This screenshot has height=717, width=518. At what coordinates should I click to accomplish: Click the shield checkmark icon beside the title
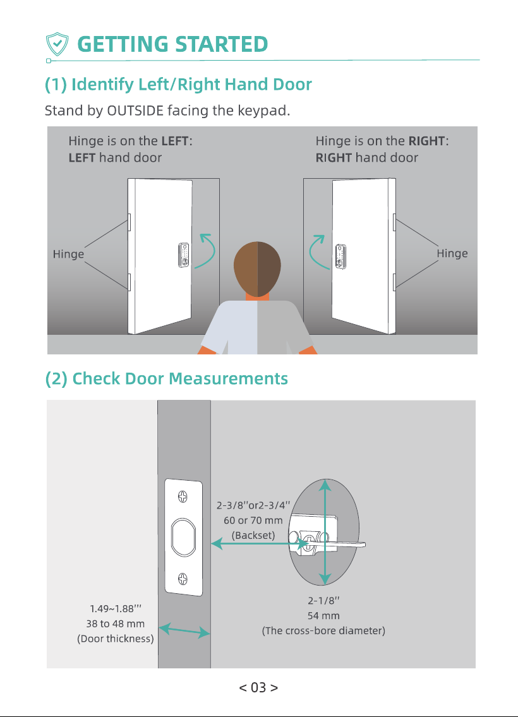pos(57,44)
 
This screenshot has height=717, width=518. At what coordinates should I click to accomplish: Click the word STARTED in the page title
pos(221,44)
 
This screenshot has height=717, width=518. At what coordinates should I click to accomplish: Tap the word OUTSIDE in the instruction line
pos(135,111)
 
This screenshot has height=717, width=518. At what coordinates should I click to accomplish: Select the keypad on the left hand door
pos(184,255)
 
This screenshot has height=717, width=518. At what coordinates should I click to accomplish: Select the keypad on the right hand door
pos(340,256)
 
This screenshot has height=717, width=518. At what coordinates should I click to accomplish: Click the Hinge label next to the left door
pos(68,254)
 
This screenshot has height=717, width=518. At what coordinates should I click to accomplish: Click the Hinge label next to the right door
pos(452,254)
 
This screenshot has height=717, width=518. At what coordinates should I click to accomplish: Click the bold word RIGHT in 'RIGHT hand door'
pos(334,158)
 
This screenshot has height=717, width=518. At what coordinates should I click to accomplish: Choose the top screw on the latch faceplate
pos(183,497)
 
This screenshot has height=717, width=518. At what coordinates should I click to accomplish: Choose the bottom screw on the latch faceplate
pos(183,579)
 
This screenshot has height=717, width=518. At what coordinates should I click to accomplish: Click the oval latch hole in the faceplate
pos(183,538)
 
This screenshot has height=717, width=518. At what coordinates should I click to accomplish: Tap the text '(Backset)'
pos(253,536)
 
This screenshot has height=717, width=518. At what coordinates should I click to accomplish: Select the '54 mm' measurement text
pos(323,616)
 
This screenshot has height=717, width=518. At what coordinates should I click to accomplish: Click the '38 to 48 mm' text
pos(115,624)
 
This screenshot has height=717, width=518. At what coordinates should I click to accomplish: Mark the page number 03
pos(258,687)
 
